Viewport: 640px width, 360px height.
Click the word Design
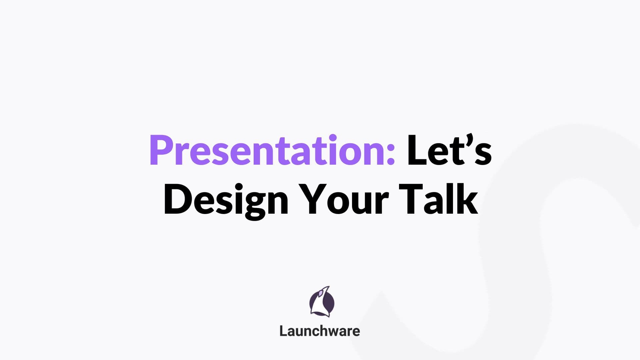coord(226,200)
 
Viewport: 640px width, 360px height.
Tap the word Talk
coord(438,200)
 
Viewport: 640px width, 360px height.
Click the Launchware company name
coord(320,331)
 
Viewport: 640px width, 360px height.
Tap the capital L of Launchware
coord(283,331)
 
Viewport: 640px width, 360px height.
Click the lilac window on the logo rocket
coord(320,293)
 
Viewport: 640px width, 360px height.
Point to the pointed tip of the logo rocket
coord(329,287)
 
